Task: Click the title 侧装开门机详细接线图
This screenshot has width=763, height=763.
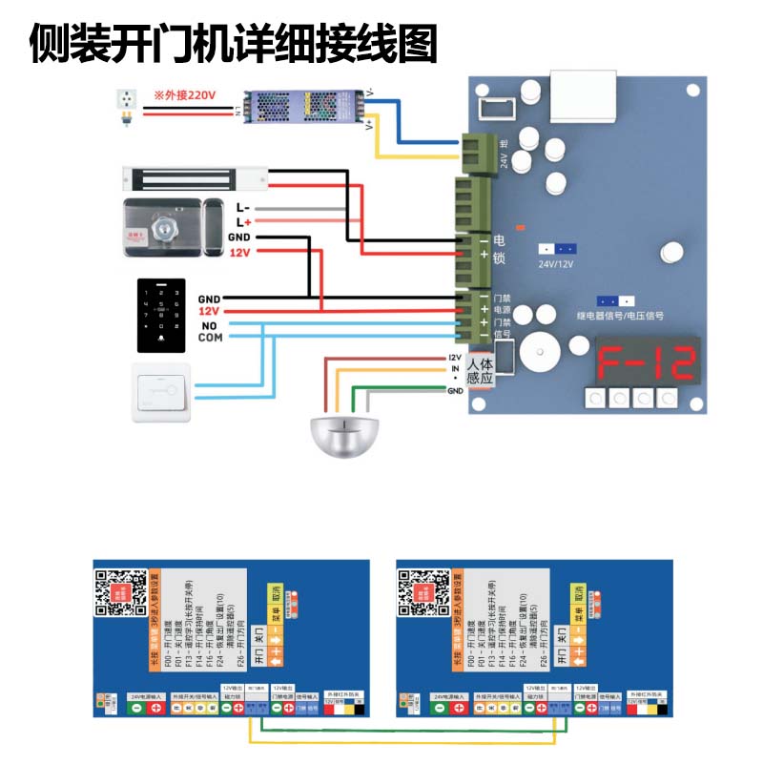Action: click(x=233, y=43)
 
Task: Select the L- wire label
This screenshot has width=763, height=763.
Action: click(x=242, y=207)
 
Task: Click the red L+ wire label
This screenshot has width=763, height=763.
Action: click(x=242, y=221)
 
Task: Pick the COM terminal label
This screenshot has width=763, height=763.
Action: click(x=210, y=338)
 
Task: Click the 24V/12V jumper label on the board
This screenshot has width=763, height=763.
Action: click(x=558, y=264)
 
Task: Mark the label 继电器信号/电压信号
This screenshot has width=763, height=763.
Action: click(x=620, y=315)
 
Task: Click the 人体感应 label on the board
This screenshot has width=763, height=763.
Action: click(x=481, y=371)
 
